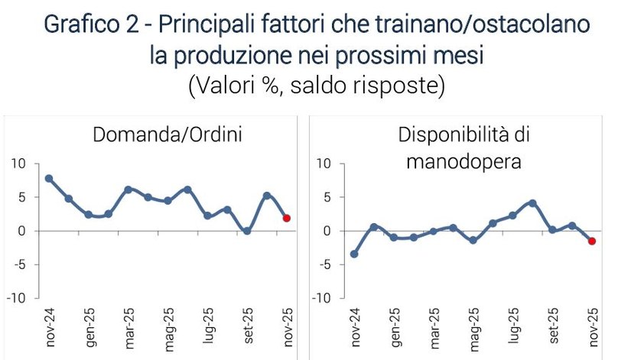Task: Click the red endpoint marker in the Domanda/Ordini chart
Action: [x=286, y=218]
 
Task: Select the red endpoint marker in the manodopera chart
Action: [x=592, y=241]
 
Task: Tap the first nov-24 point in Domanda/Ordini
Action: [x=49, y=178]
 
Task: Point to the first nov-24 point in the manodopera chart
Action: [x=354, y=254]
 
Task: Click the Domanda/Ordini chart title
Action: [x=167, y=135]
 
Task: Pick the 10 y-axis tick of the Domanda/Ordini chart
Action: [x=18, y=164]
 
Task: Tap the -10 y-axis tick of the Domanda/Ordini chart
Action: [x=16, y=298]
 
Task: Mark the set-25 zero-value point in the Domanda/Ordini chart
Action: [x=246, y=230]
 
